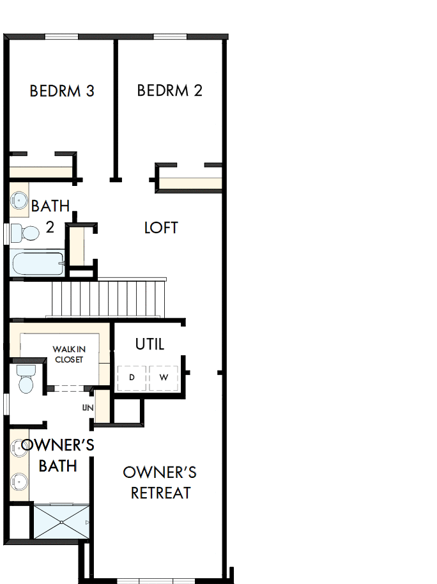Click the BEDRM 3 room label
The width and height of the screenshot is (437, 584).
click(x=62, y=91)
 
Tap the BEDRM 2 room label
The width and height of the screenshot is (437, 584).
click(x=169, y=91)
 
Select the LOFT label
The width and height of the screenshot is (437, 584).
click(x=161, y=228)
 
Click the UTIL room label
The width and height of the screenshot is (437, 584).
click(x=149, y=344)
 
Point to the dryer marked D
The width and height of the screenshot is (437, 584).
click(x=132, y=378)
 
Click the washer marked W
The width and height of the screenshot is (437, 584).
click(x=164, y=378)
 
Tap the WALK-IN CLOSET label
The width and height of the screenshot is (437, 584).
click(x=68, y=355)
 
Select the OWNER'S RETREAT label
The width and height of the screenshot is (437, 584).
click(x=160, y=482)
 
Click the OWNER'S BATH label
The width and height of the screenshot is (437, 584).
click(x=57, y=455)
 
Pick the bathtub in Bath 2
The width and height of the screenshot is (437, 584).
click(x=37, y=263)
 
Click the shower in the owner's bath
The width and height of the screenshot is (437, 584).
click(x=61, y=522)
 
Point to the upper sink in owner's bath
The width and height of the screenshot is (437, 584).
click(x=18, y=448)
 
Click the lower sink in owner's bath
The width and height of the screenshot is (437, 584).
click(x=18, y=480)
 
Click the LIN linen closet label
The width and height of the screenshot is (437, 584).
click(x=88, y=407)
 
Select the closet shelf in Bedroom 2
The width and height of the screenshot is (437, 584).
click(x=190, y=184)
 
